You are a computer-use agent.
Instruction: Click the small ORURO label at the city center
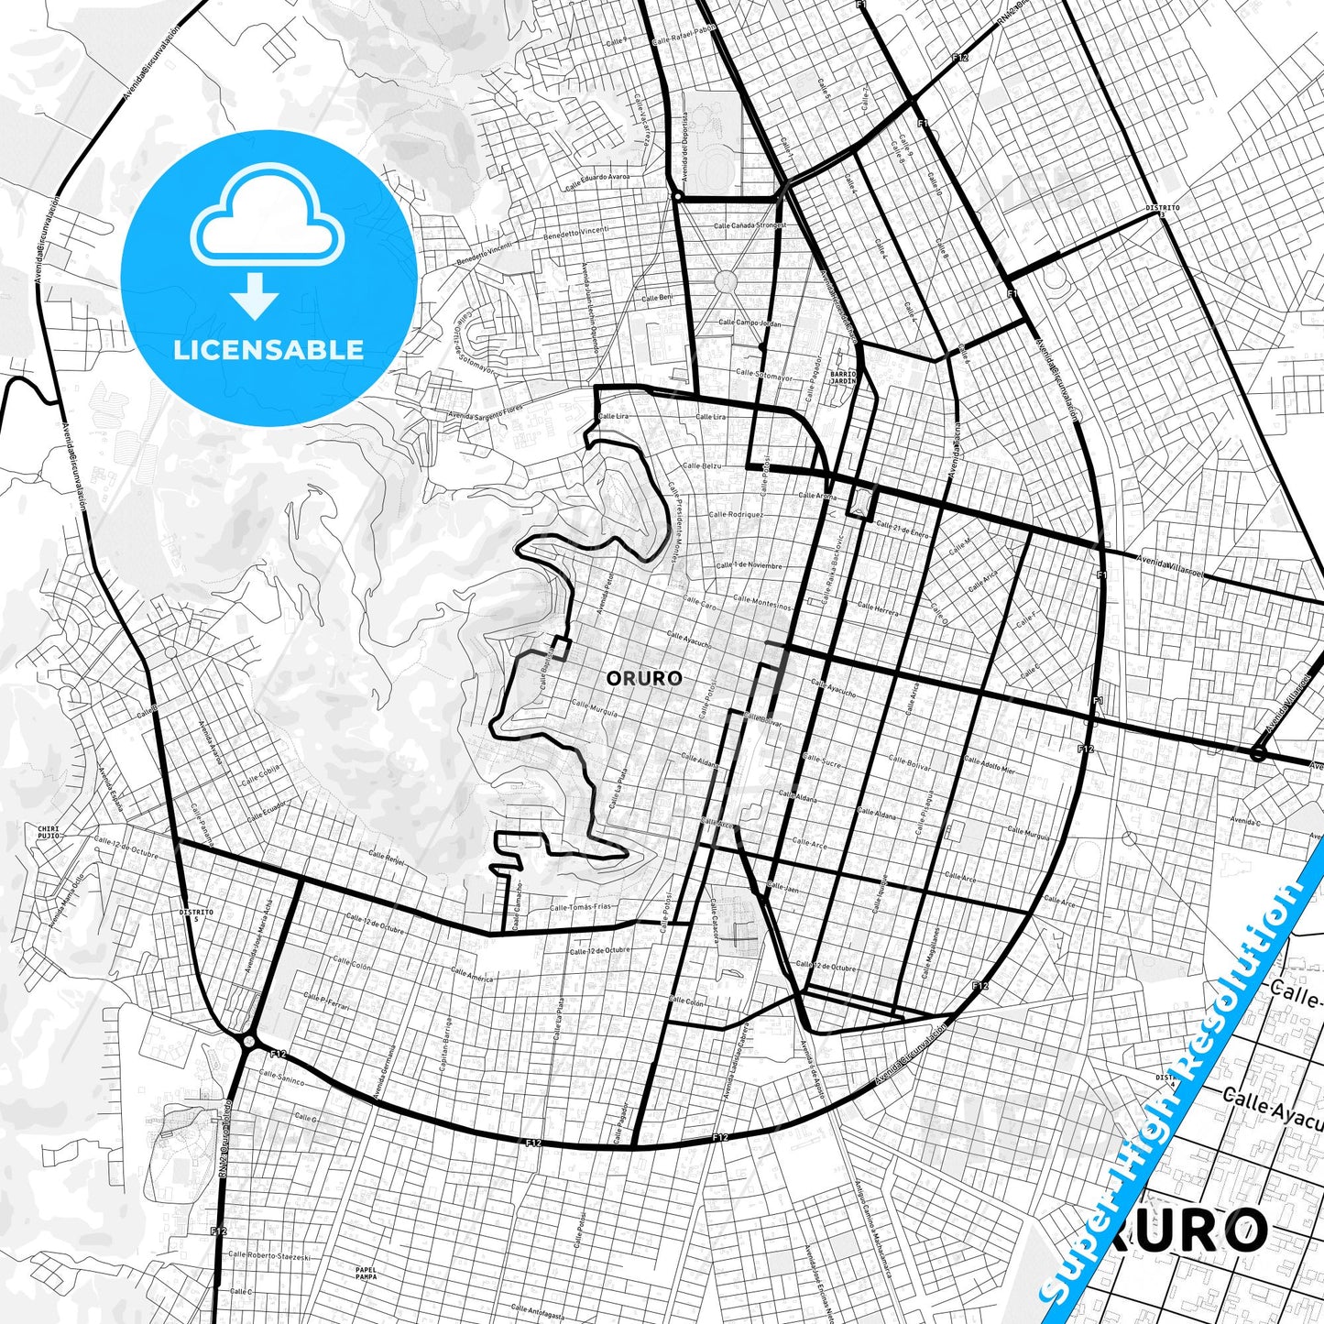tap(644, 678)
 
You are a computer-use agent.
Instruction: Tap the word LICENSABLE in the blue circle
tap(268, 349)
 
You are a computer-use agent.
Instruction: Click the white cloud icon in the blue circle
tap(267, 216)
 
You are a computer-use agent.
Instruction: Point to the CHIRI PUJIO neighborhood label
tap(49, 832)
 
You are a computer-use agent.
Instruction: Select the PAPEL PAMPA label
tap(366, 1273)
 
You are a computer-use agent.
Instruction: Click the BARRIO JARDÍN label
tap(843, 377)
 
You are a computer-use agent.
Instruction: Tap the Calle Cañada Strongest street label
tap(750, 224)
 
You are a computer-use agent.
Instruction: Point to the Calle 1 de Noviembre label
tap(750, 565)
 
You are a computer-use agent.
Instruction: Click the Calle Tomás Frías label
tap(580, 907)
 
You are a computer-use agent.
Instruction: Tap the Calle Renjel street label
tap(386, 859)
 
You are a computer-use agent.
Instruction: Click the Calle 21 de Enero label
tap(903, 530)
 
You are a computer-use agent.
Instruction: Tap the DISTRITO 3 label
tap(1162, 210)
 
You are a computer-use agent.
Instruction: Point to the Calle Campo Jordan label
tap(750, 323)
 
